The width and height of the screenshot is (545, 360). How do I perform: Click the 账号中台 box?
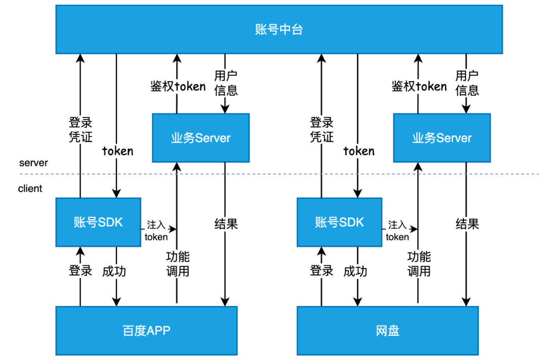(279, 30)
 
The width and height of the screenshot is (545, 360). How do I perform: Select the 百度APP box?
(146, 331)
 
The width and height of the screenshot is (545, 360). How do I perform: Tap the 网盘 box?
(388, 331)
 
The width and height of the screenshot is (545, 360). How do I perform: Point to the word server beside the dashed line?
(33, 163)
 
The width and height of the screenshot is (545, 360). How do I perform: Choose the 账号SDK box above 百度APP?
(98, 222)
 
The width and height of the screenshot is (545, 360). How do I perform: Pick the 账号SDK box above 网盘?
(339, 222)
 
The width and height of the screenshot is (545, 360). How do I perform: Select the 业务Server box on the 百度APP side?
(200, 138)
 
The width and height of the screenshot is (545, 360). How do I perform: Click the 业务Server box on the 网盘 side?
(442, 138)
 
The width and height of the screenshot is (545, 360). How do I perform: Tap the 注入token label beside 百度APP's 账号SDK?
(156, 230)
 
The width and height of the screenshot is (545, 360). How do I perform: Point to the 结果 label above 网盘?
(467, 224)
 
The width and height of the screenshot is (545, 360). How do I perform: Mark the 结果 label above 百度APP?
(226, 224)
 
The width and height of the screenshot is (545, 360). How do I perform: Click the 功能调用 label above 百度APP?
(178, 264)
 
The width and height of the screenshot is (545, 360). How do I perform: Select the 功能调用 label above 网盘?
(419, 264)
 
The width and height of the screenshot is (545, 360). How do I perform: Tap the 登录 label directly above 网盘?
(321, 271)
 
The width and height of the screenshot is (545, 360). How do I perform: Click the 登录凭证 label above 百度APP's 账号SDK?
(81, 130)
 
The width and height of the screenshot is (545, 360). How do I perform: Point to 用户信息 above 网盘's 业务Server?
(467, 83)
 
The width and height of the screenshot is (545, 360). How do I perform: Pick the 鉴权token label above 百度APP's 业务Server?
(178, 86)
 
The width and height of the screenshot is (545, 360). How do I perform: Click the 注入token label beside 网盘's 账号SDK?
(398, 230)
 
